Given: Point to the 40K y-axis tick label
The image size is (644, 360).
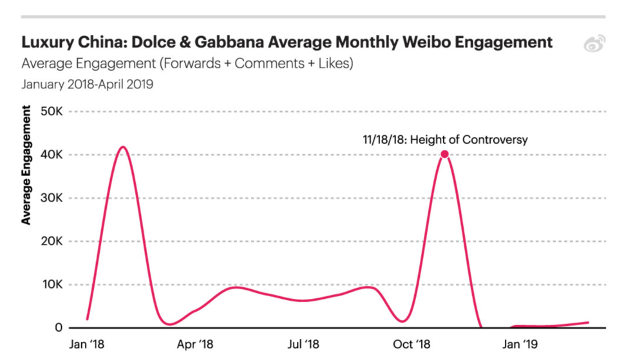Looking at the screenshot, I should (50, 155).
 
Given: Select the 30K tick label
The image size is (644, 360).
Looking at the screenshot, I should (50, 198).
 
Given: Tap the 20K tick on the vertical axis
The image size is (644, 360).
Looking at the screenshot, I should (50, 242).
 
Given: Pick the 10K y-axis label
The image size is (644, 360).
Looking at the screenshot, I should (50, 285).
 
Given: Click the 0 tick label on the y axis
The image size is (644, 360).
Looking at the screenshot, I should (59, 328).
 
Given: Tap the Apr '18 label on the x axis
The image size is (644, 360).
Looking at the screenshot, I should (194, 345).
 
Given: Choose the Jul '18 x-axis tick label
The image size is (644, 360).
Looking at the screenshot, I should (303, 345).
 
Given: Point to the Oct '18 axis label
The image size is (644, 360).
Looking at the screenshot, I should (412, 345).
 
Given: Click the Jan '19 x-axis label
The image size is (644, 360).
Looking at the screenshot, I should (520, 345).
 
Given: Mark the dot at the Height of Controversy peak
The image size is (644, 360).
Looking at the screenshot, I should (444, 155).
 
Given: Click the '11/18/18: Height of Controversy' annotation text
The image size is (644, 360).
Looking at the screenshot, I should (445, 139).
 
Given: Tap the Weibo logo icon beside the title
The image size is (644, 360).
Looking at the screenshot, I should (594, 44).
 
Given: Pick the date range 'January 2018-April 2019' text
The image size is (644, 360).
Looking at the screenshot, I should (87, 84).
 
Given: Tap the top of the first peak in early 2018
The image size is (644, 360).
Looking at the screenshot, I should (122, 147).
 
